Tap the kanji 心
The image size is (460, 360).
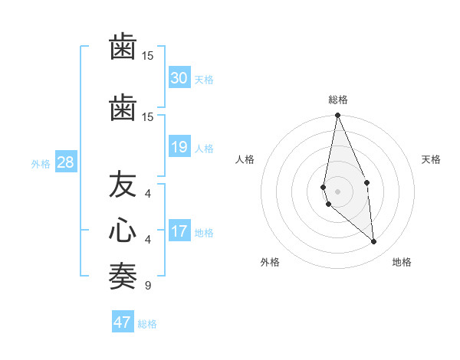tap(123, 230)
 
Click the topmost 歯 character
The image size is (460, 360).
tap(123, 46)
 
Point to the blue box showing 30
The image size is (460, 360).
tap(179, 78)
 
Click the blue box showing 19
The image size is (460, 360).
tap(179, 147)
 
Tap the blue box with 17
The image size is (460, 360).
tap(179, 231)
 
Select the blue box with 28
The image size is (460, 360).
tap(65, 162)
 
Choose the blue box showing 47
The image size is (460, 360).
tap(123, 322)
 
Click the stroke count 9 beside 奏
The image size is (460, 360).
tap(147, 286)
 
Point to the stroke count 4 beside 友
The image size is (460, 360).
tap(147, 193)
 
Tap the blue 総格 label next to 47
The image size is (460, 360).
tap(147, 324)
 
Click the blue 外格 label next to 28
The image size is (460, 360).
tap(41, 163)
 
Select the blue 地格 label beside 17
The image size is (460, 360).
tap(204, 233)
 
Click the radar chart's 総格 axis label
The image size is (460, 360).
tap(337, 100)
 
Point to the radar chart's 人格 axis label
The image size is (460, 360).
tap(245, 159)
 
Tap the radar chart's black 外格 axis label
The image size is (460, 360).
tap(270, 262)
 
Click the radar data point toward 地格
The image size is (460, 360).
tap(374, 242)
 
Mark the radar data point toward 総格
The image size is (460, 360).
tap(337, 116)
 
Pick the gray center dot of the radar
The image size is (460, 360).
tap(337, 191)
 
